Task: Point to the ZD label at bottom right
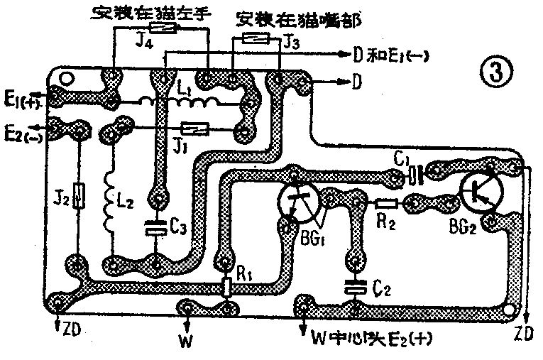coord(525,334)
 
